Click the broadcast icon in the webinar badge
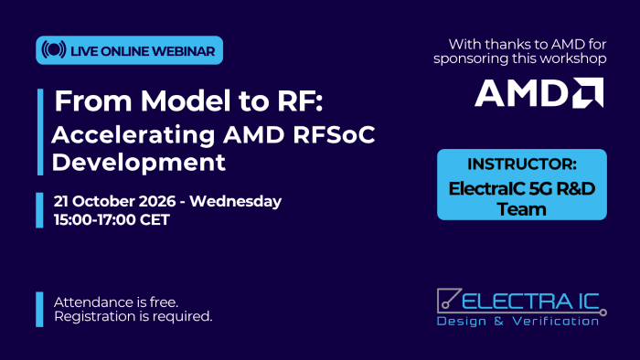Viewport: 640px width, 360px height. [53, 49]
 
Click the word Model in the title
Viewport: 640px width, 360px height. [186, 101]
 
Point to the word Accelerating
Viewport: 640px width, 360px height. [133, 135]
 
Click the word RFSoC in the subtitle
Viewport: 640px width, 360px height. [334, 134]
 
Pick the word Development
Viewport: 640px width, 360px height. [138, 163]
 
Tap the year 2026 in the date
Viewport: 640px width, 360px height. [157, 201]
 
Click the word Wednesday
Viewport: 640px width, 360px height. [236, 201]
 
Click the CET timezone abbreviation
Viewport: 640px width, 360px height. [155, 220]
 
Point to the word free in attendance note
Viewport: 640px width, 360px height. [164, 302]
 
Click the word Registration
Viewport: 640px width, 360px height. [95, 317]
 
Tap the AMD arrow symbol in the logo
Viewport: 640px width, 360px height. [588, 93]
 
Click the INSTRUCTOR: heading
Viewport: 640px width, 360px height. [522, 164]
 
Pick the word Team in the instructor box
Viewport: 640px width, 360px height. [522, 209]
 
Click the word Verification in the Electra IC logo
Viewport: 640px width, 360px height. [556, 322]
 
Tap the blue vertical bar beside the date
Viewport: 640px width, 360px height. [39, 210]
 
